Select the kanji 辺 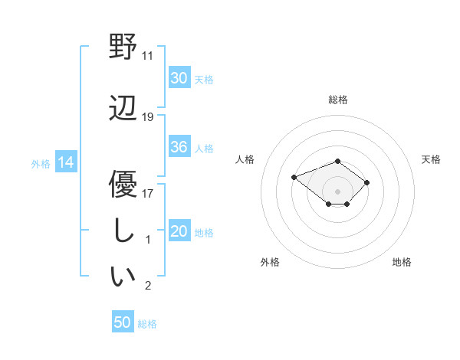(123, 108)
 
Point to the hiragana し (123, 230)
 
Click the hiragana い (123, 277)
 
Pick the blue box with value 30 (179, 77)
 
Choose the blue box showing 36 (179, 147)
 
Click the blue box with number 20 (179, 231)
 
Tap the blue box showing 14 (65, 162)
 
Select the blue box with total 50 (123, 322)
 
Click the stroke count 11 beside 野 (148, 56)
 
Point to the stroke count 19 (148, 117)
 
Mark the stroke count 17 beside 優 (148, 193)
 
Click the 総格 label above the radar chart (338, 100)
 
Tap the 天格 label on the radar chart (431, 159)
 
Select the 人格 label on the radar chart (245, 159)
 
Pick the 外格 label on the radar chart (270, 262)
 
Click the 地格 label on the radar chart (402, 262)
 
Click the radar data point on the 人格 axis (294, 178)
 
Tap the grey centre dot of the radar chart (338, 191)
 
